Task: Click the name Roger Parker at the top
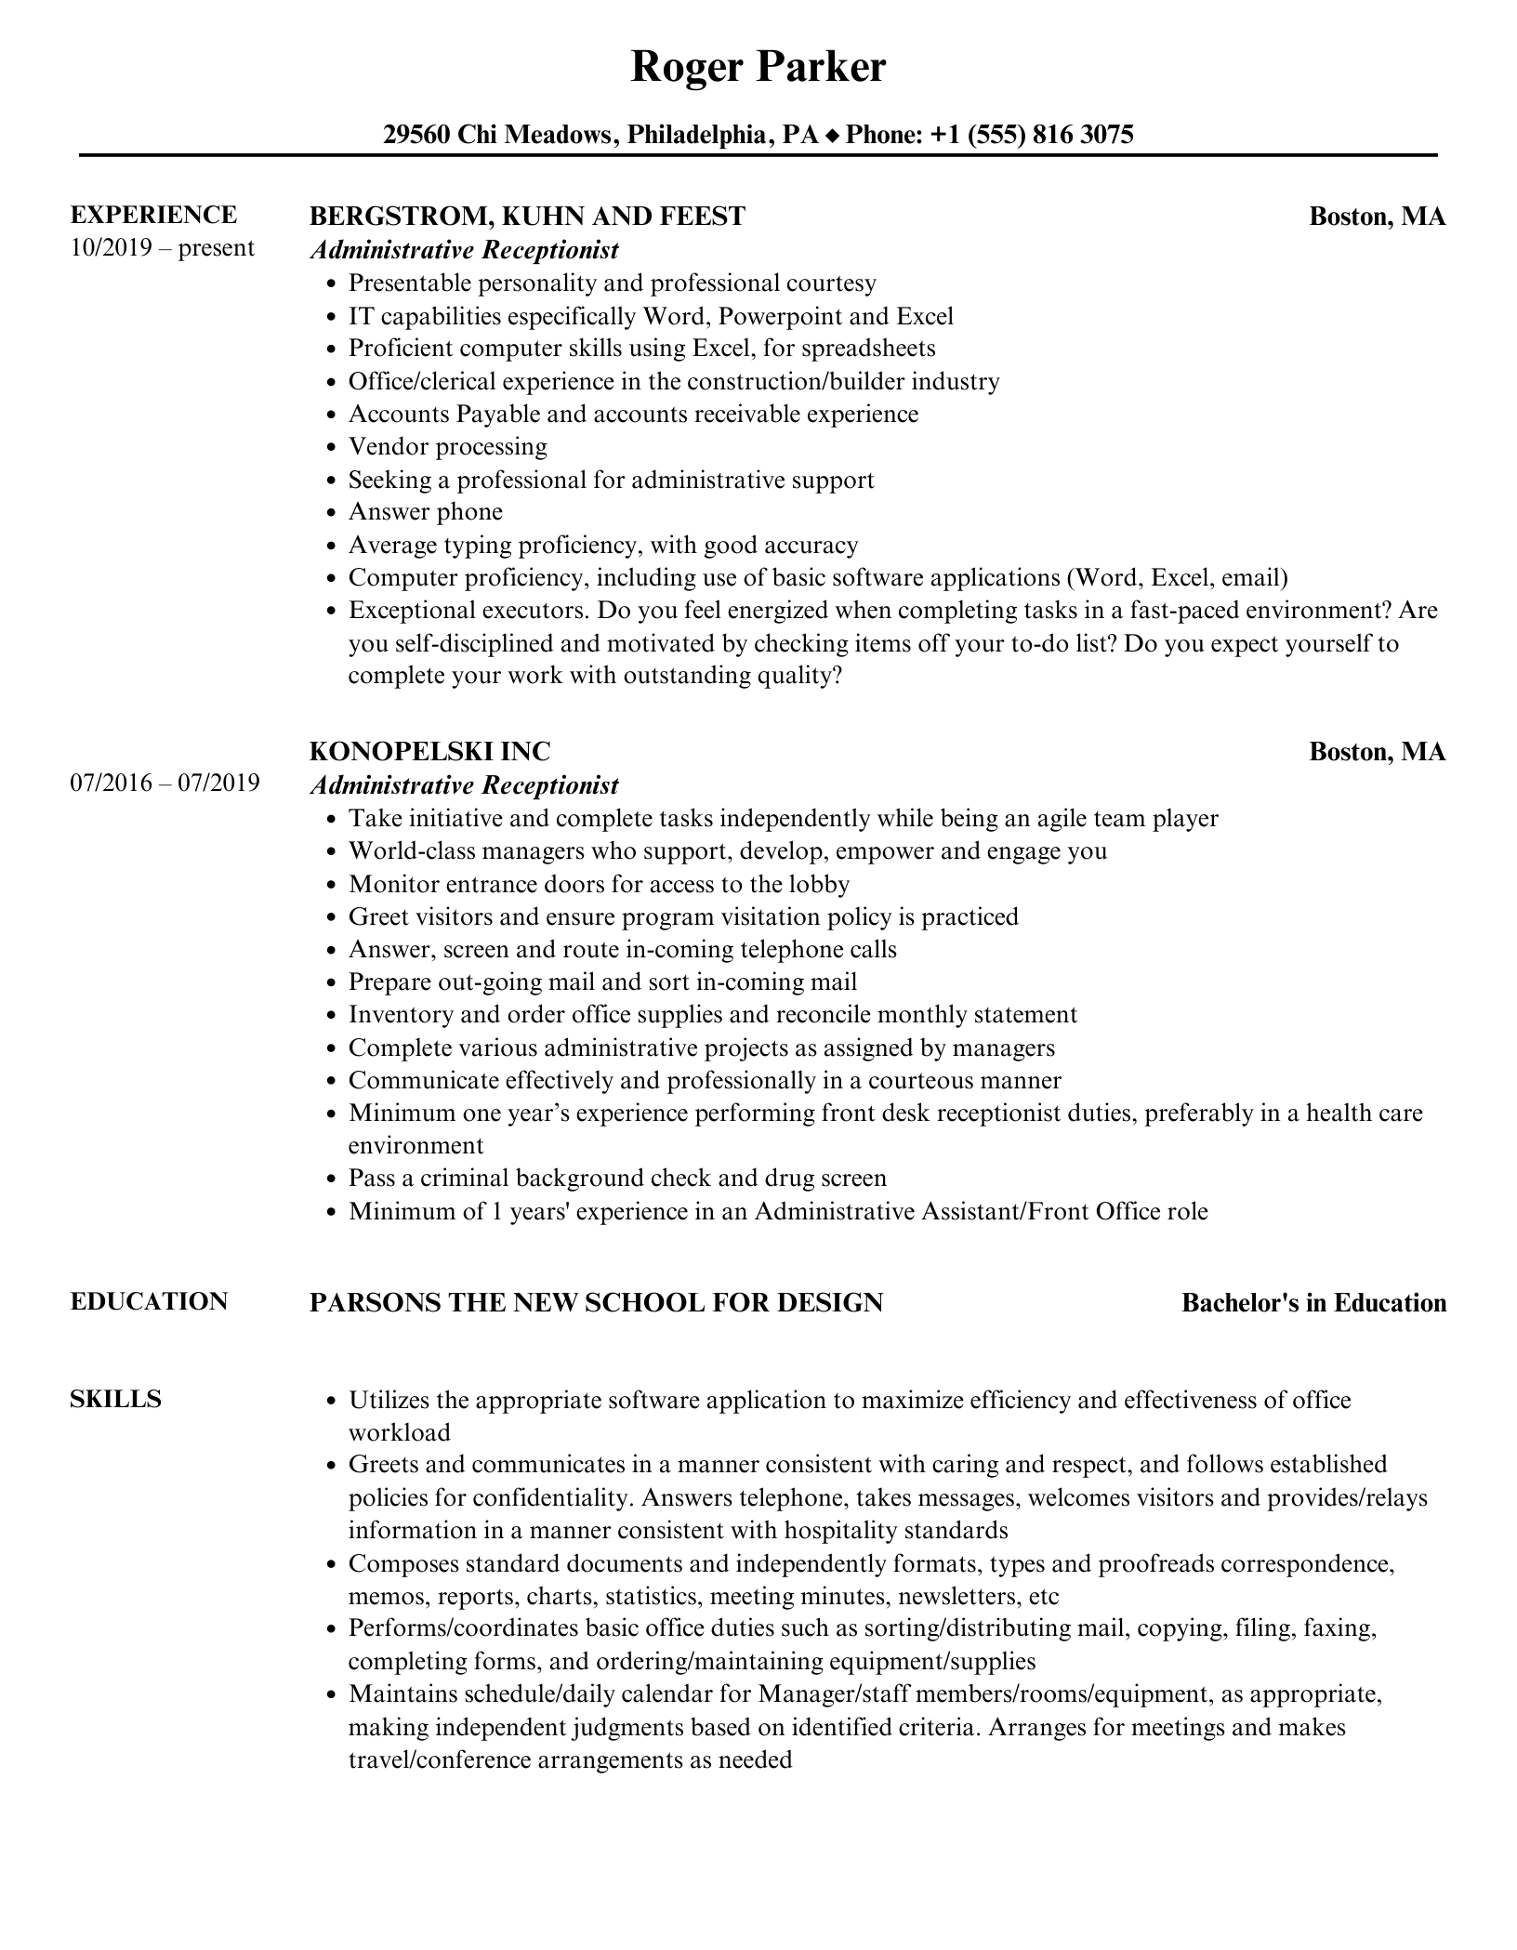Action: click(x=758, y=68)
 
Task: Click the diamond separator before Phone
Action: click(x=832, y=137)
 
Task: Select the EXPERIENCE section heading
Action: click(x=153, y=215)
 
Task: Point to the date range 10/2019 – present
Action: click(x=162, y=248)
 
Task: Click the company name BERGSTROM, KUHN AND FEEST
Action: click(x=527, y=217)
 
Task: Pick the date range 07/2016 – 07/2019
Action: click(x=165, y=783)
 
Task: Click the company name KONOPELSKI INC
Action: click(x=429, y=751)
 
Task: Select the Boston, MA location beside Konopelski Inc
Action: click(x=1377, y=751)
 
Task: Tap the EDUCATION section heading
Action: click(x=149, y=1301)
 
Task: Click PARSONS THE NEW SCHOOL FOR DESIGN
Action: click(x=596, y=1303)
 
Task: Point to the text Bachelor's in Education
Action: click(x=1313, y=1303)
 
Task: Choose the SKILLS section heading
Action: click(x=115, y=1400)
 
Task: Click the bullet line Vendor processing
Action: click(x=447, y=447)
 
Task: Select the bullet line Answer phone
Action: click(x=425, y=512)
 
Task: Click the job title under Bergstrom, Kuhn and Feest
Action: click(x=464, y=250)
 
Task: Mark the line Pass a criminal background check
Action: click(x=617, y=1179)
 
